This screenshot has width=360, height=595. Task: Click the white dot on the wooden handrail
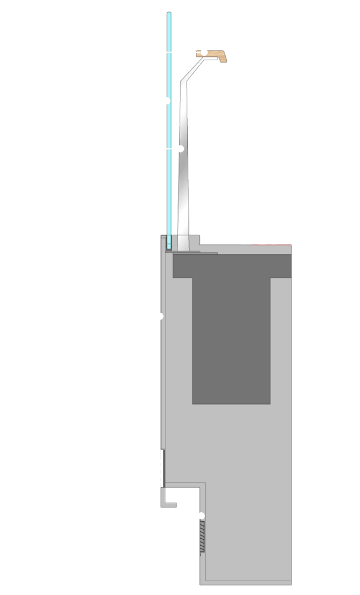204,52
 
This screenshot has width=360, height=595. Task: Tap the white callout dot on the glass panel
167,100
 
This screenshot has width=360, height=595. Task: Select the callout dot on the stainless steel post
180,149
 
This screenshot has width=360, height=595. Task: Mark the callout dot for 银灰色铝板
160,316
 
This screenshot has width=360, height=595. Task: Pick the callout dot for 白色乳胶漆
201,515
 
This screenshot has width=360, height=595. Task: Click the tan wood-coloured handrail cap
215,55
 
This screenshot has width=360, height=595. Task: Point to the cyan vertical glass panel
169,172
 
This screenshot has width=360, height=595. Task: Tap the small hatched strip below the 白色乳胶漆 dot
202,537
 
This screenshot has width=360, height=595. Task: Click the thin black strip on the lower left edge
163,468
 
